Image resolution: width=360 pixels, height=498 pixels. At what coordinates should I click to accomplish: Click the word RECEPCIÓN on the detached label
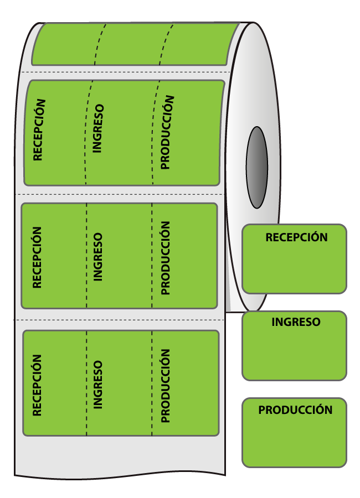coord(296,237)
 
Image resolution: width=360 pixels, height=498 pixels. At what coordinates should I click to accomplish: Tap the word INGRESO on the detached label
coord(296,322)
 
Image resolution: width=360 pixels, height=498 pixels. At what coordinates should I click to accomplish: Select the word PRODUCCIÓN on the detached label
coord(295,409)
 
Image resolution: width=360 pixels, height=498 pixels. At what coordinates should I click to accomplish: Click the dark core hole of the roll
coord(257,167)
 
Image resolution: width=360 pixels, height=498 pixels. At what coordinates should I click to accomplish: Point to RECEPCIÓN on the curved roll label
coord(39,129)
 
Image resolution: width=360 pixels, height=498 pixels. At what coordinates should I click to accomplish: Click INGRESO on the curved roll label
coord(98,128)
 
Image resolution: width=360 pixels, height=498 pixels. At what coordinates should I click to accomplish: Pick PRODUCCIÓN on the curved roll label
coord(167,132)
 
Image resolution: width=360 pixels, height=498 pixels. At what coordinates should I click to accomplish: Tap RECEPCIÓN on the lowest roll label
coord(37,385)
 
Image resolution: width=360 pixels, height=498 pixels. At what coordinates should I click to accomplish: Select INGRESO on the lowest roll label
coord(97,385)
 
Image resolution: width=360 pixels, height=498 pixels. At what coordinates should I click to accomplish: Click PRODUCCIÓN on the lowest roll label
coord(166,386)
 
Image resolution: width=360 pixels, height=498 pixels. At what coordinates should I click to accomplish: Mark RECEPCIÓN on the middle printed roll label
coord(37,257)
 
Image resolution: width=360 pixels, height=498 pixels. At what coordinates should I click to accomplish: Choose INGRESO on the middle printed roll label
coord(97,257)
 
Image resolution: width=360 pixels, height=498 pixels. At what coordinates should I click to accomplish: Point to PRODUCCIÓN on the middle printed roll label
coord(166,258)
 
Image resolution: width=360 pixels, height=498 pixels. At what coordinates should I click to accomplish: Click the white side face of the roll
coord(254,95)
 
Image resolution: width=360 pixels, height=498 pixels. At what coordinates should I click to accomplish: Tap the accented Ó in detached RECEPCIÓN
coord(316,236)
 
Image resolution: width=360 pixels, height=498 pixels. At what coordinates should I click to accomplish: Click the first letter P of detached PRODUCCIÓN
coord(261,410)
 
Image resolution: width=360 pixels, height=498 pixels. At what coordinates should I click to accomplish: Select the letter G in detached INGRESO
coord(288,322)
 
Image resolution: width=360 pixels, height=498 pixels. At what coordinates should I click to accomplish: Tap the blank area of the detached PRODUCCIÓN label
coord(294,442)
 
